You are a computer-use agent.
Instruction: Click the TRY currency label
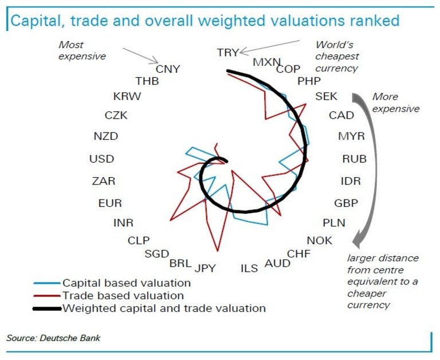click(x=228, y=53)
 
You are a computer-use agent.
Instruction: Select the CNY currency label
click(x=168, y=69)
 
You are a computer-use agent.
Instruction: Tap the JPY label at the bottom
click(x=205, y=268)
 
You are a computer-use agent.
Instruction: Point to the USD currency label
click(x=102, y=159)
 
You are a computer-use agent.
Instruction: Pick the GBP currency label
click(x=346, y=203)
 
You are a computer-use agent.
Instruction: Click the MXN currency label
click(x=266, y=62)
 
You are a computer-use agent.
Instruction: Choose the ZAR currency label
click(x=104, y=181)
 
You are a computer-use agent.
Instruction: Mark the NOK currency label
click(x=320, y=241)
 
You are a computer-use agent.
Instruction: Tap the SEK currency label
click(x=327, y=96)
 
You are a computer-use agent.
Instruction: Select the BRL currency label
click(x=181, y=264)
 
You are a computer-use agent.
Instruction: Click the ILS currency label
click(x=249, y=268)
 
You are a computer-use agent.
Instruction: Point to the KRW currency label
click(x=127, y=96)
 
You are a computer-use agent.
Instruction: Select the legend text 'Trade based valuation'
click(x=123, y=296)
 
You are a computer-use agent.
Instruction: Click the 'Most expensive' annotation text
click(x=83, y=50)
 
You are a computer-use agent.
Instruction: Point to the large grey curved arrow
click(x=361, y=166)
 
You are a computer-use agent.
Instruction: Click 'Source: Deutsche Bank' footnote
click(x=53, y=338)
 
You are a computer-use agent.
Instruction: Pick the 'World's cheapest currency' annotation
click(x=337, y=57)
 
